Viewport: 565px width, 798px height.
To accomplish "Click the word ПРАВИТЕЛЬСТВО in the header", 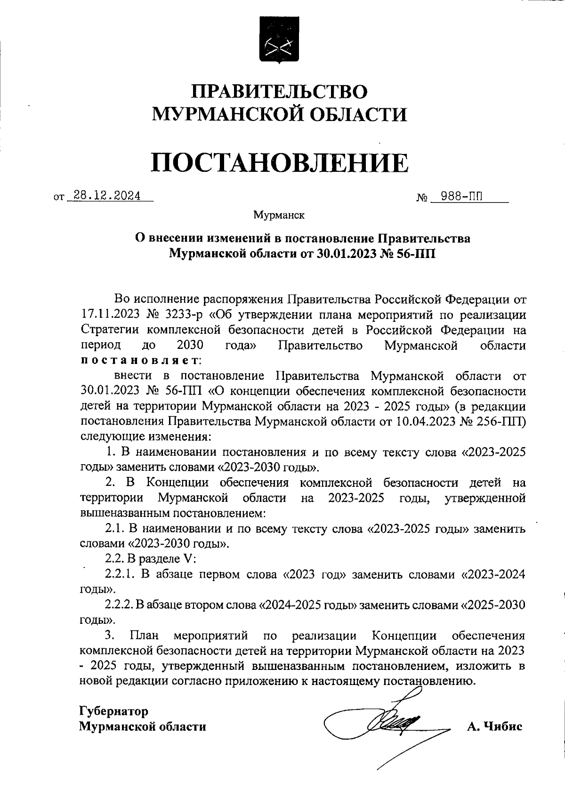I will [x=281, y=91].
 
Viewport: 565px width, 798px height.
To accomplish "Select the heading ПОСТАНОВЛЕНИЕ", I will [x=280, y=162].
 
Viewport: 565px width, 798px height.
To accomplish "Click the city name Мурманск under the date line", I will [x=279, y=216].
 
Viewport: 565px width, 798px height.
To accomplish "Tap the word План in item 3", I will [x=144, y=636].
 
